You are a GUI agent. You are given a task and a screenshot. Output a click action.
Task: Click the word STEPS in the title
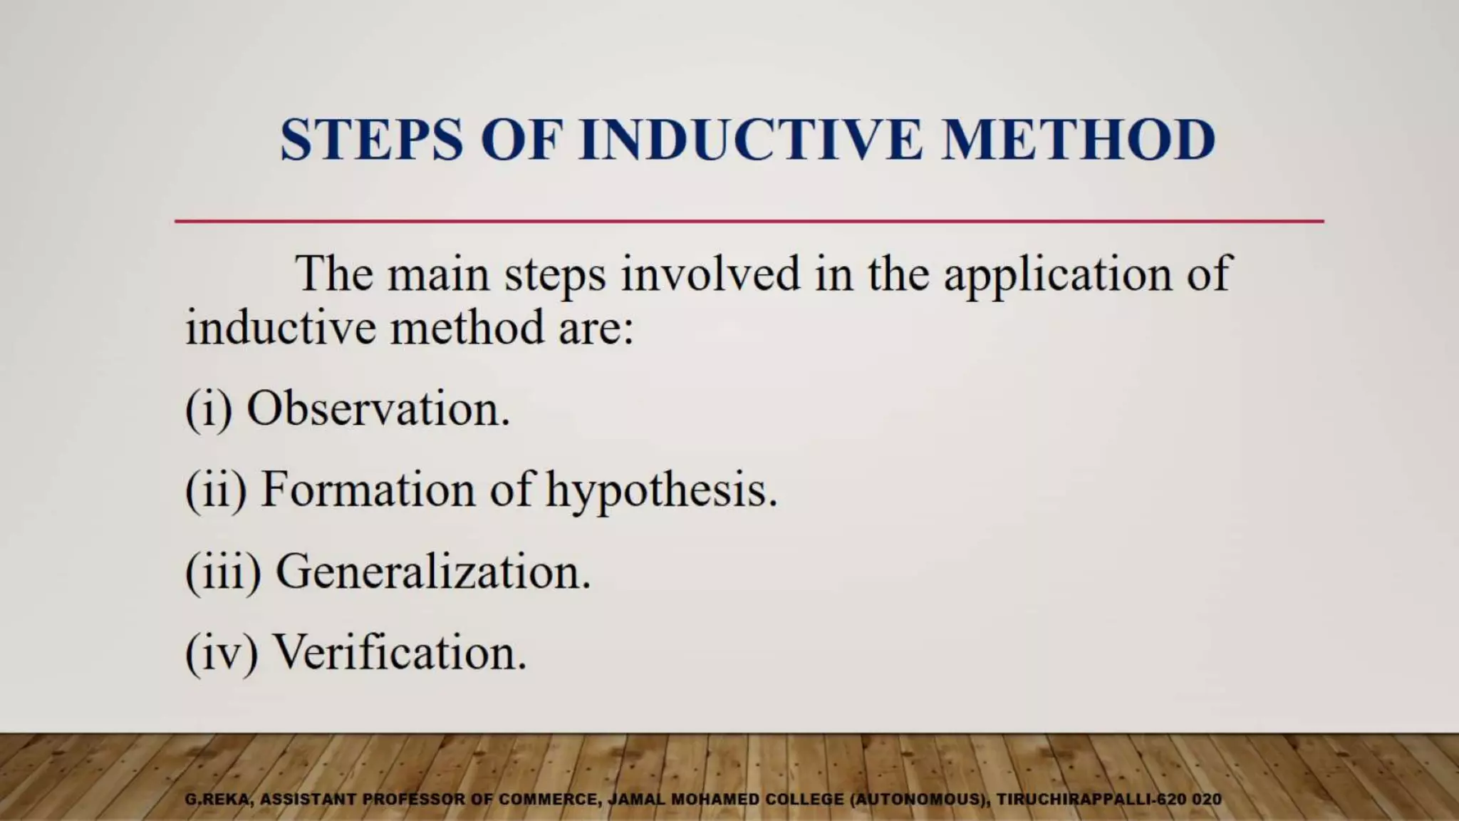(371, 140)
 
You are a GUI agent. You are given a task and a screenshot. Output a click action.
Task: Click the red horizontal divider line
(748, 222)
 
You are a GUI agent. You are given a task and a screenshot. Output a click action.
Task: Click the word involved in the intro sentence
(710, 274)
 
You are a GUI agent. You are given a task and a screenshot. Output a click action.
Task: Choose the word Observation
(378, 409)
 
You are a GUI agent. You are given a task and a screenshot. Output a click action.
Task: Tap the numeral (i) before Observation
(209, 410)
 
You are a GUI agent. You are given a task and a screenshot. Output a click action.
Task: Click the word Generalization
(433, 572)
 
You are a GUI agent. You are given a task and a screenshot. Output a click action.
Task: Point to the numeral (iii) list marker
(223, 573)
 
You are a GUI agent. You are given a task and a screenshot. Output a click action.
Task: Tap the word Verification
(400, 653)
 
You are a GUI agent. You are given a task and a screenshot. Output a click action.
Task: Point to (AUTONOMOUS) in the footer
(920, 800)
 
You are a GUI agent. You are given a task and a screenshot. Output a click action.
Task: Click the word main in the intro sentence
(438, 274)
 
